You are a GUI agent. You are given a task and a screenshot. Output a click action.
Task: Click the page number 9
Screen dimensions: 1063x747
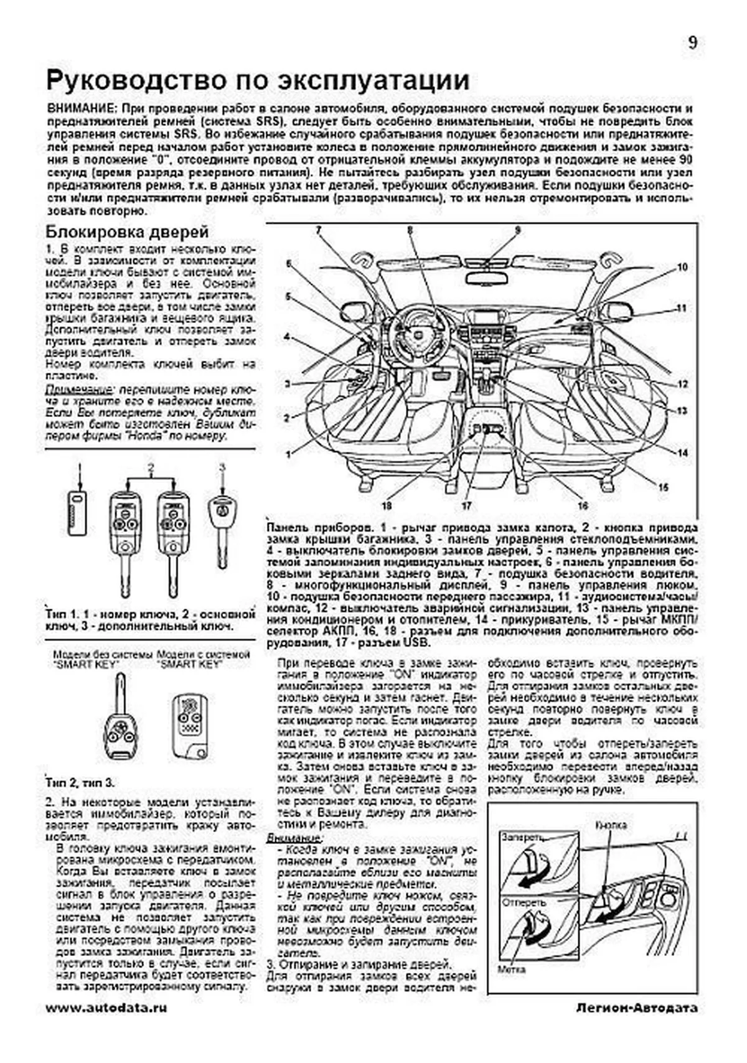pyautogui.click(x=692, y=43)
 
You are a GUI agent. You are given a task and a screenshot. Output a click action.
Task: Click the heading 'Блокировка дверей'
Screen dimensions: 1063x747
pyautogui.click(x=127, y=233)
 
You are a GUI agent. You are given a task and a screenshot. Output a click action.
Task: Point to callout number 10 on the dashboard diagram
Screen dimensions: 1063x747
pyautogui.click(x=682, y=268)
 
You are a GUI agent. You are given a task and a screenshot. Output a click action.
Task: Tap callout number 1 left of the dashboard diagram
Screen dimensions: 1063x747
pyautogui.click(x=288, y=455)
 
